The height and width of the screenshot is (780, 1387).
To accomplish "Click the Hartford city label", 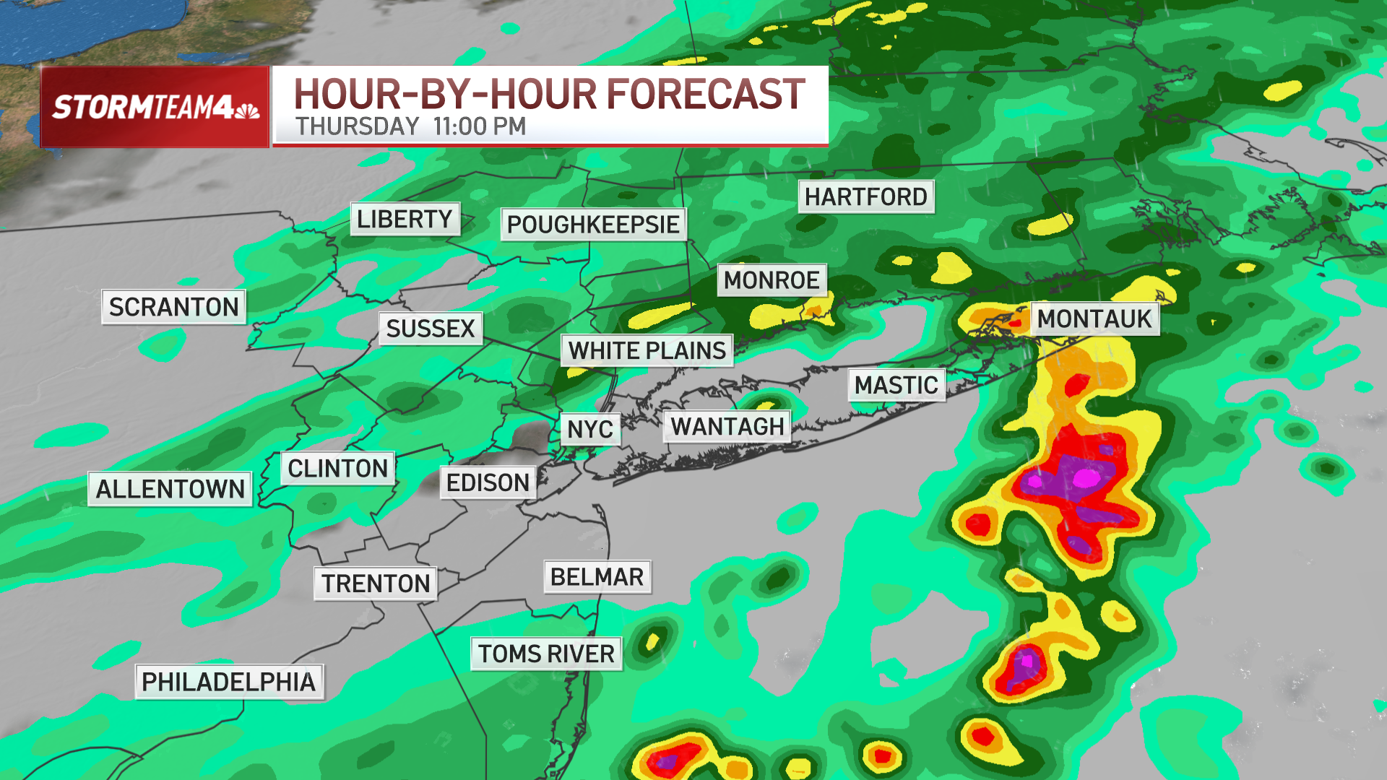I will click(865, 196).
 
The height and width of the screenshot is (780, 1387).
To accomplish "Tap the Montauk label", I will click(1094, 318).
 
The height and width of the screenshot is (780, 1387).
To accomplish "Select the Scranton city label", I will click(173, 307).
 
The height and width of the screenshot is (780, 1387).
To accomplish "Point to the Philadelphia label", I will click(229, 682).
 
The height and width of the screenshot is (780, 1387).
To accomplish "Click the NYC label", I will click(590, 429).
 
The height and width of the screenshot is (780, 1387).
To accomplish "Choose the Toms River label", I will click(546, 654).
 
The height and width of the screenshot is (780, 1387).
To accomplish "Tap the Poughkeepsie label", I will click(593, 225).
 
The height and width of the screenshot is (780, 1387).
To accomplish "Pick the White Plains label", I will click(647, 350).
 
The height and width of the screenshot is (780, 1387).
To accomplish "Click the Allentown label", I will click(170, 489).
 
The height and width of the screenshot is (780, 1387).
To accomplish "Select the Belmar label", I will click(597, 577).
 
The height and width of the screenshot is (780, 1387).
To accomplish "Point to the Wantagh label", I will click(727, 426).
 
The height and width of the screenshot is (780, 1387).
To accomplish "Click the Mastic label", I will click(896, 385).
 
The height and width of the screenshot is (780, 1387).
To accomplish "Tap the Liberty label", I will click(405, 219).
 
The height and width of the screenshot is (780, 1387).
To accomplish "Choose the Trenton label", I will click(376, 583).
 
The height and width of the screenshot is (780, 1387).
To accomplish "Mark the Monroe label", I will click(772, 279).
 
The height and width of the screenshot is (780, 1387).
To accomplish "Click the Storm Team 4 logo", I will click(155, 107).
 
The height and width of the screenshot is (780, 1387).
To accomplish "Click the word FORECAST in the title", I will click(705, 94).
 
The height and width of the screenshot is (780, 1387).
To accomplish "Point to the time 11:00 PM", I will click(480, 126).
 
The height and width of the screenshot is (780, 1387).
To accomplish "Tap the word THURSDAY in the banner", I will click(357, 126).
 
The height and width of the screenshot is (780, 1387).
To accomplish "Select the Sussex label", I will click(431, 329).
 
